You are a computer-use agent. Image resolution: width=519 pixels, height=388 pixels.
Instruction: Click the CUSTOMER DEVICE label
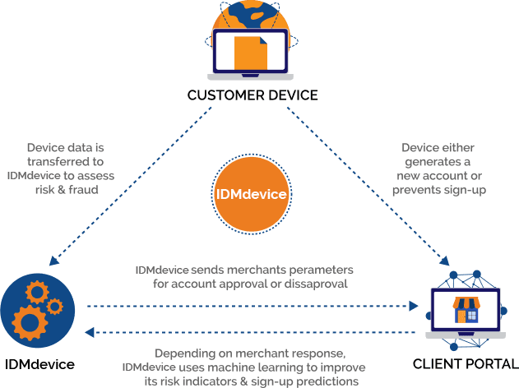point(252,95)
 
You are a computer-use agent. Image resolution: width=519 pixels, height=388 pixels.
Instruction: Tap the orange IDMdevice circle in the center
point(252,196)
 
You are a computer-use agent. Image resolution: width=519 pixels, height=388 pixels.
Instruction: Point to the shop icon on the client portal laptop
point(466,310)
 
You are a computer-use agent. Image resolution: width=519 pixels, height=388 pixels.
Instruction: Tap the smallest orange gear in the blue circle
point(55,307)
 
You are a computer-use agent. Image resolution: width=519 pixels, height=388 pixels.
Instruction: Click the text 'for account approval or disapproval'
point(250,284)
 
